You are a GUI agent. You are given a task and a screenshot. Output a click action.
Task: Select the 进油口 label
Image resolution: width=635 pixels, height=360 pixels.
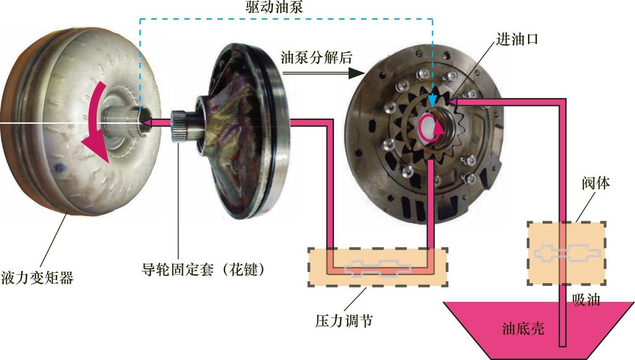click(x=517, y=39)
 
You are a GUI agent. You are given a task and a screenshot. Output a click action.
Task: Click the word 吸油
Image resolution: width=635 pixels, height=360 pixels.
click(x=586, y=300)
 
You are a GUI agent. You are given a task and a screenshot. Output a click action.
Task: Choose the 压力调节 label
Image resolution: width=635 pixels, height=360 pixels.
click(x=344, y=321)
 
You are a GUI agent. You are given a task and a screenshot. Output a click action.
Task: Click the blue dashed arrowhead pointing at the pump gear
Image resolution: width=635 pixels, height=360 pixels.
click(x=433, y=100)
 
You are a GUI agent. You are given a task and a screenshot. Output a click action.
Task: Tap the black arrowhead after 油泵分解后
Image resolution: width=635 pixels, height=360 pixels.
click(x=358, y=73)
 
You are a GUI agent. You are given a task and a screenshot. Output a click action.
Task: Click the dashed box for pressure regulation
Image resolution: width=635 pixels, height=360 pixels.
click(x=378, y=267)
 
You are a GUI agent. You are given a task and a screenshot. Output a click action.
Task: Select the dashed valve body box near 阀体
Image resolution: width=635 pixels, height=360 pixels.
click(x=566, y=253)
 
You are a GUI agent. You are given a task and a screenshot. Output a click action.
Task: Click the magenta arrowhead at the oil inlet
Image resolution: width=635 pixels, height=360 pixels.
click(x=453, y=100)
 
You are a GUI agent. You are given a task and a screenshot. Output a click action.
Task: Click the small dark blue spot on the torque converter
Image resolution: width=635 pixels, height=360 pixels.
click(x=59, y=167)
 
